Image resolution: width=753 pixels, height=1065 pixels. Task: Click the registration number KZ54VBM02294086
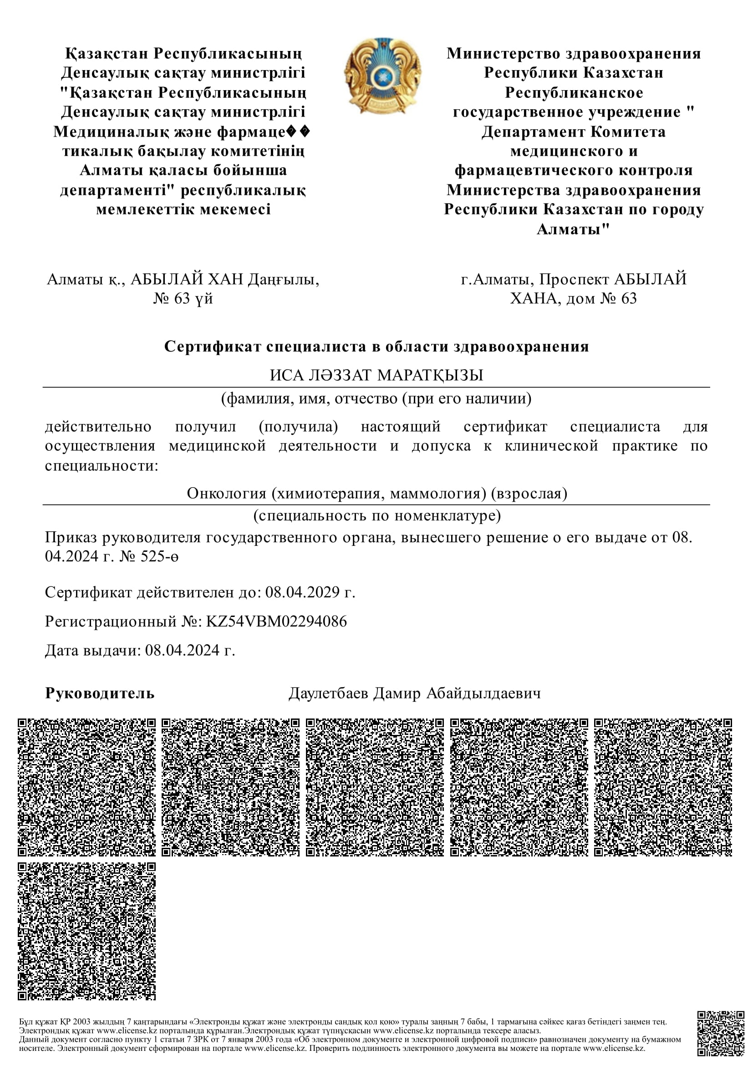tap(276, 621)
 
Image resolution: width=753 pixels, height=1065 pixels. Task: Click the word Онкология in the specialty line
tap(226, 493)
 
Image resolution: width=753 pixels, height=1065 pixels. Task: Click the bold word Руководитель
tap(100, 693)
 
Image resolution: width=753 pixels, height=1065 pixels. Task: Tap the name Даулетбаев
tap(328, 693)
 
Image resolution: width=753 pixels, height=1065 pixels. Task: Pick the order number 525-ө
tap(159, 556)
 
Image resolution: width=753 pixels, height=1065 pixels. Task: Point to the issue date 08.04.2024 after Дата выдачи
tap(182, 650)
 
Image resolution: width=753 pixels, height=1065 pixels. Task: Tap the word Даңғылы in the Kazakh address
tap(283, 279)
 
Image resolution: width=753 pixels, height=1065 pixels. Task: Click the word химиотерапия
tap(330, 493)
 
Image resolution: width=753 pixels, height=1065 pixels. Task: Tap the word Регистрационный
tap(111, 621)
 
